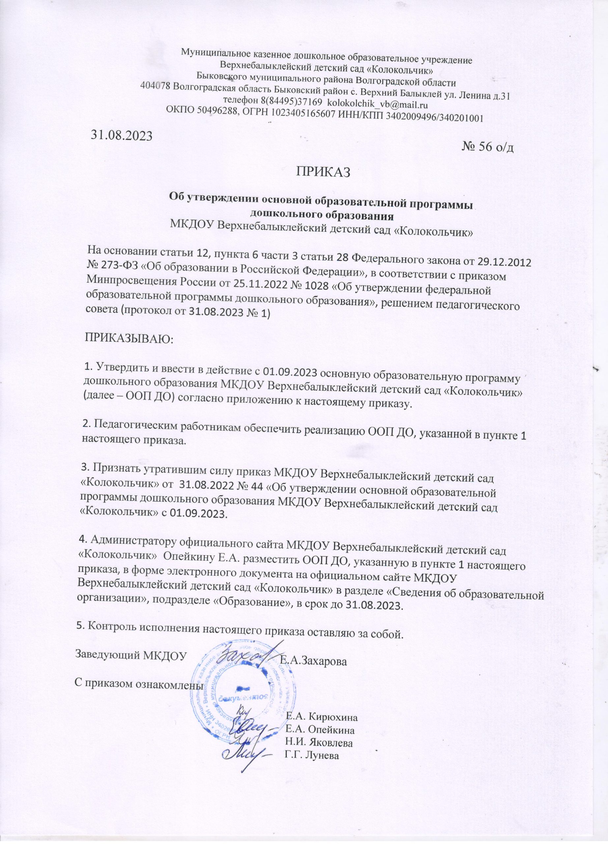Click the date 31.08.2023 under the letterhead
pyautogui.click(x=122, y=136)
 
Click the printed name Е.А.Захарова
pyautogui.click(x=313, y=630)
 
